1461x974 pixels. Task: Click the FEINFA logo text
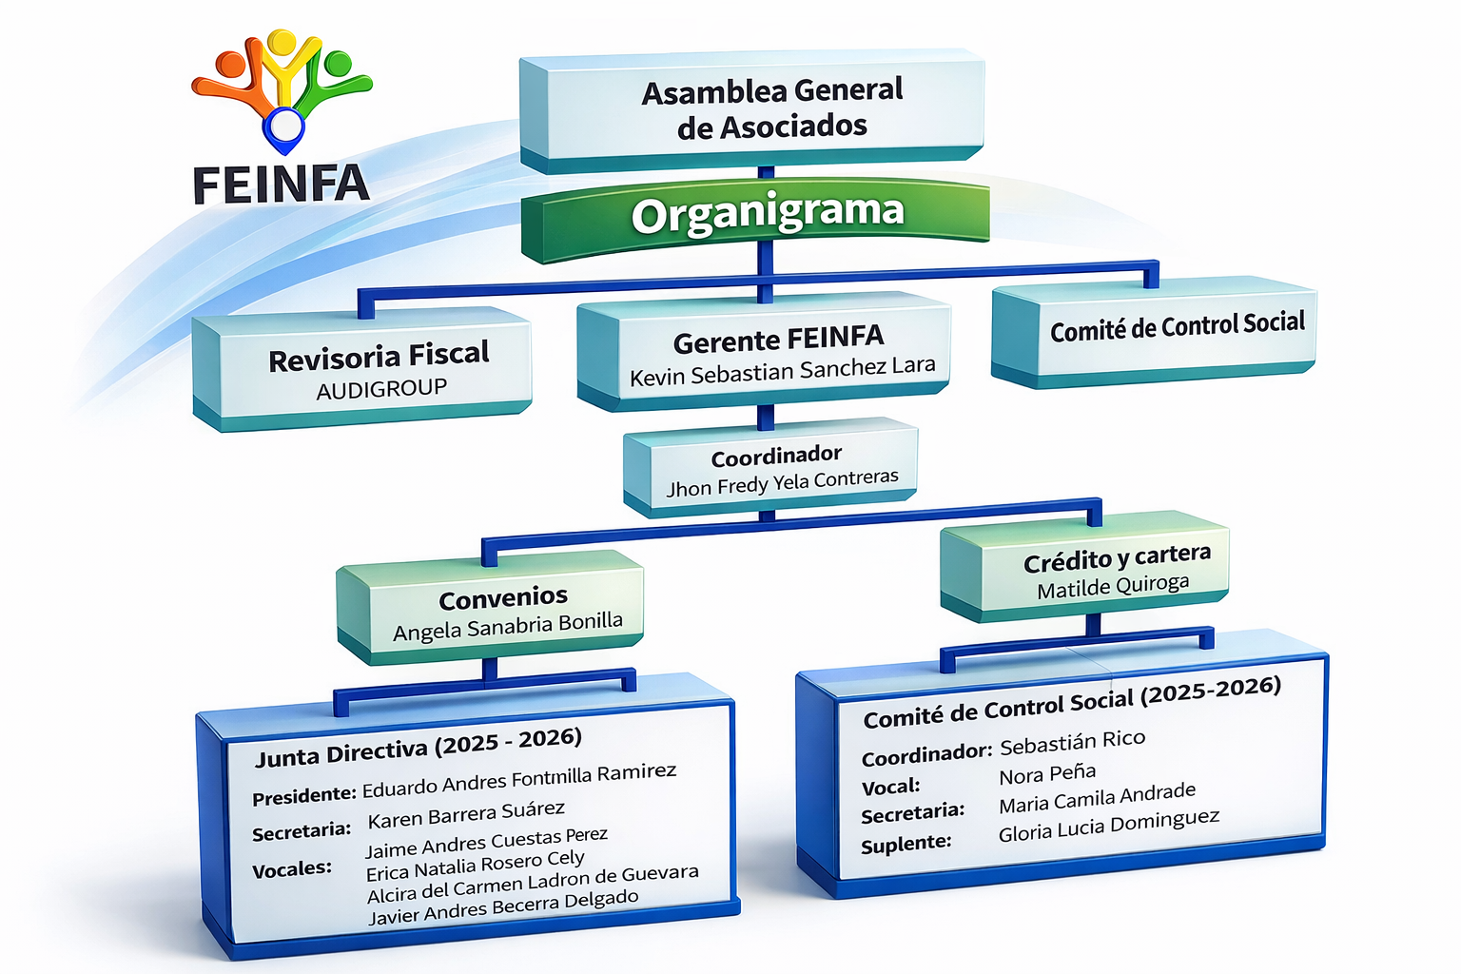point(281,185)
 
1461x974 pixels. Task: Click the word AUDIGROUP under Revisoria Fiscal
point(381,389)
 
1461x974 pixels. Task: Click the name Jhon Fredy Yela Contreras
point(782,482)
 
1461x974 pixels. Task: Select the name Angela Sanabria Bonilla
point(508,627)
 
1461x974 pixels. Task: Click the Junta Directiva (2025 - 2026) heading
point(418,748)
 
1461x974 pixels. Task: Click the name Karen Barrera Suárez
point(466,814)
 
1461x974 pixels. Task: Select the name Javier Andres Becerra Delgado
point(503,907)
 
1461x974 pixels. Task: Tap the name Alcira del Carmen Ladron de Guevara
point(533,884)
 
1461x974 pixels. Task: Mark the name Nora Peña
point(1047,774)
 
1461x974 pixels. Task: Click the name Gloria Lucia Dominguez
point(1108,825)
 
